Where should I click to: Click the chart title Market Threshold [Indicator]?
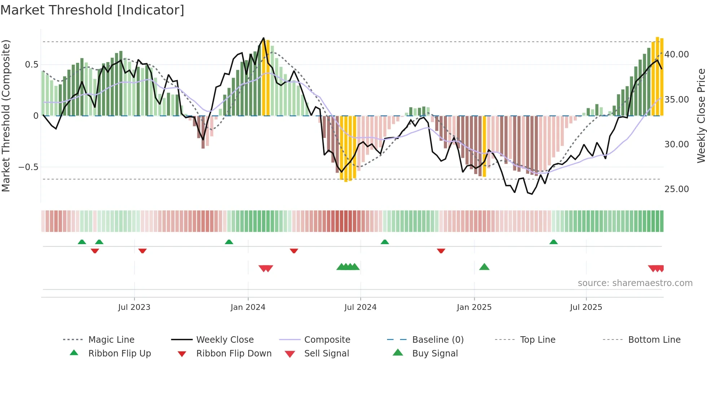coord(92,10)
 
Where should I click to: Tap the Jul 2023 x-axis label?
coord(134,307)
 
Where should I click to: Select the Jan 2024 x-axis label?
coord(248,307)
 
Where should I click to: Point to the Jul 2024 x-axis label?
coord(360,307)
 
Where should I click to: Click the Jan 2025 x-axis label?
coord(474,307)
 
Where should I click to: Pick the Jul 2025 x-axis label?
coord(586,307)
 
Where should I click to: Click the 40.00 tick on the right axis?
coord(676,55)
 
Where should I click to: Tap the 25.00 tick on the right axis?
coord(676,189)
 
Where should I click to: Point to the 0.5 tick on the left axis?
coord(31,65)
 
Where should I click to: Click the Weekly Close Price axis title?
coord(701,116)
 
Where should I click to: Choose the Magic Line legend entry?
coord(111,340)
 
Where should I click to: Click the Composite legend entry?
coord(327,340)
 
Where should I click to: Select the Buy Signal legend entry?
coord(435,354)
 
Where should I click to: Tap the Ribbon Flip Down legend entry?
coord(233,354)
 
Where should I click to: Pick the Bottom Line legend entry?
coord(654,340)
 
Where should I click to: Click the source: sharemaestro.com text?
coord(635,283)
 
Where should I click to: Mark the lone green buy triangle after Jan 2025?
coord(484,267)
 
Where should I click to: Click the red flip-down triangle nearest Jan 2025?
coord(441,251)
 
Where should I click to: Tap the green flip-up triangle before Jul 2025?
coord(553,242)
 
